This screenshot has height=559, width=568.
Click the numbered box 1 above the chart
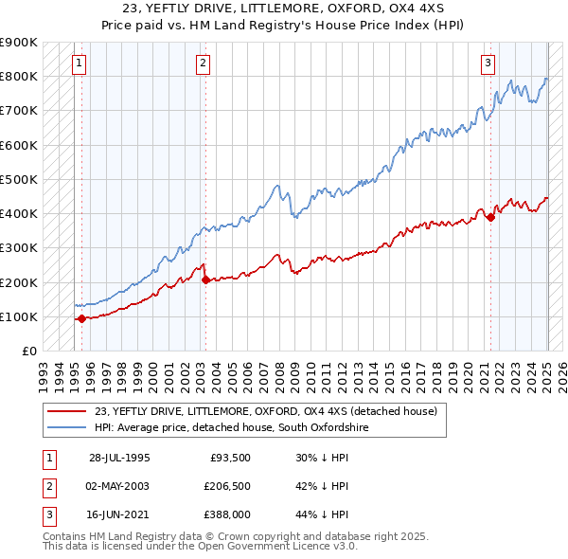pos(79,63)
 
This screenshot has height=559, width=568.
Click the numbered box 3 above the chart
pos(488,63)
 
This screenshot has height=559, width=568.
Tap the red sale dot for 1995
pos(81,318)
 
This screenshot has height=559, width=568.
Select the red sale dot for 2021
pos(490,217)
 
